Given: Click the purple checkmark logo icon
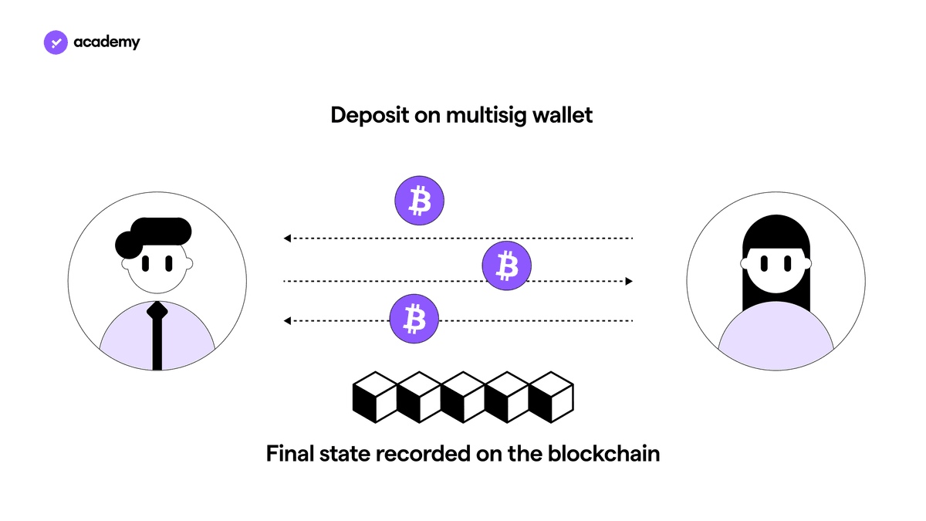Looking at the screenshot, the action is pyautogui.click(x=56, y=42).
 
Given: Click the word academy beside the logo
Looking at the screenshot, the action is pyautogui.click(x=106, y=42).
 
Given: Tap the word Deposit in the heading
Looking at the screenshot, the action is pyautogui.click(x=370, y=115).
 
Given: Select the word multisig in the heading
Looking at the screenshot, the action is pyautogui.click(x=486, y=115).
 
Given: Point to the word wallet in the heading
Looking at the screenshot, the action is pyautogui.click(x=563, y=114).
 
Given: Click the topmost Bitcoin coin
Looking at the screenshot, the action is pyautogui.click(x=420, y=201).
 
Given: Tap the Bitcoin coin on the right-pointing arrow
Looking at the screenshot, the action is pyautogui.click(x=507, y=266).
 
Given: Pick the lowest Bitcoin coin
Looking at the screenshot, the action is pyautogui.click(x=414, y=318).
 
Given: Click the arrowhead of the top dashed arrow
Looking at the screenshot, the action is pyautogui.click(x=287, y=239).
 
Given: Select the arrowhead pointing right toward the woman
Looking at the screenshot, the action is pyautogui.click(x=629, y=281).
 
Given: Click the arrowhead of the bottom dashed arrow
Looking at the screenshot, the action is pyautogui.click(x=287, y=320).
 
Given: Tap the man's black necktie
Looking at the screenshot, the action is pyautogui.click(x=157, y=335).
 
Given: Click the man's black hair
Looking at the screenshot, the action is pyautogui.click(x=153, y=235).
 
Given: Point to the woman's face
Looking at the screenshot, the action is pyautogui.click(x=776, y=269).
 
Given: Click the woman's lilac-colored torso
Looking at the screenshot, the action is pyautogui.click(x=776, y=336).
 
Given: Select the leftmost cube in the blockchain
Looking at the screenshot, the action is pyautogui.click(x=375, y=398).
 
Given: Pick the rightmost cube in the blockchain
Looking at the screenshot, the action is pyautogui.click(x=551, y=398).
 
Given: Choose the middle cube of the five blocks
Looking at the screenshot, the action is pyautogui.click(x=463, y=398).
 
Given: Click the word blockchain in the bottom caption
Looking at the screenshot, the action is pyautogui.click(x=604, y=454).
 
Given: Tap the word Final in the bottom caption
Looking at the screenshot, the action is pyautogui.click(x=290, y=454).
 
